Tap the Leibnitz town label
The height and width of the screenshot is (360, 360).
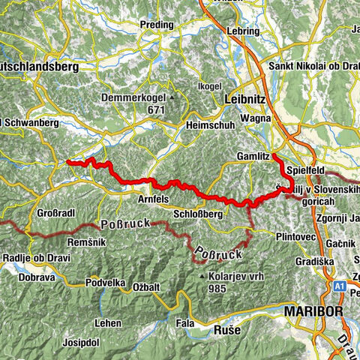coord(245,100)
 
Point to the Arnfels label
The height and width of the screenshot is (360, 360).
coord(154,199)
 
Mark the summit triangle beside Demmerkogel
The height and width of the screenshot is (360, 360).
coord(172,97)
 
